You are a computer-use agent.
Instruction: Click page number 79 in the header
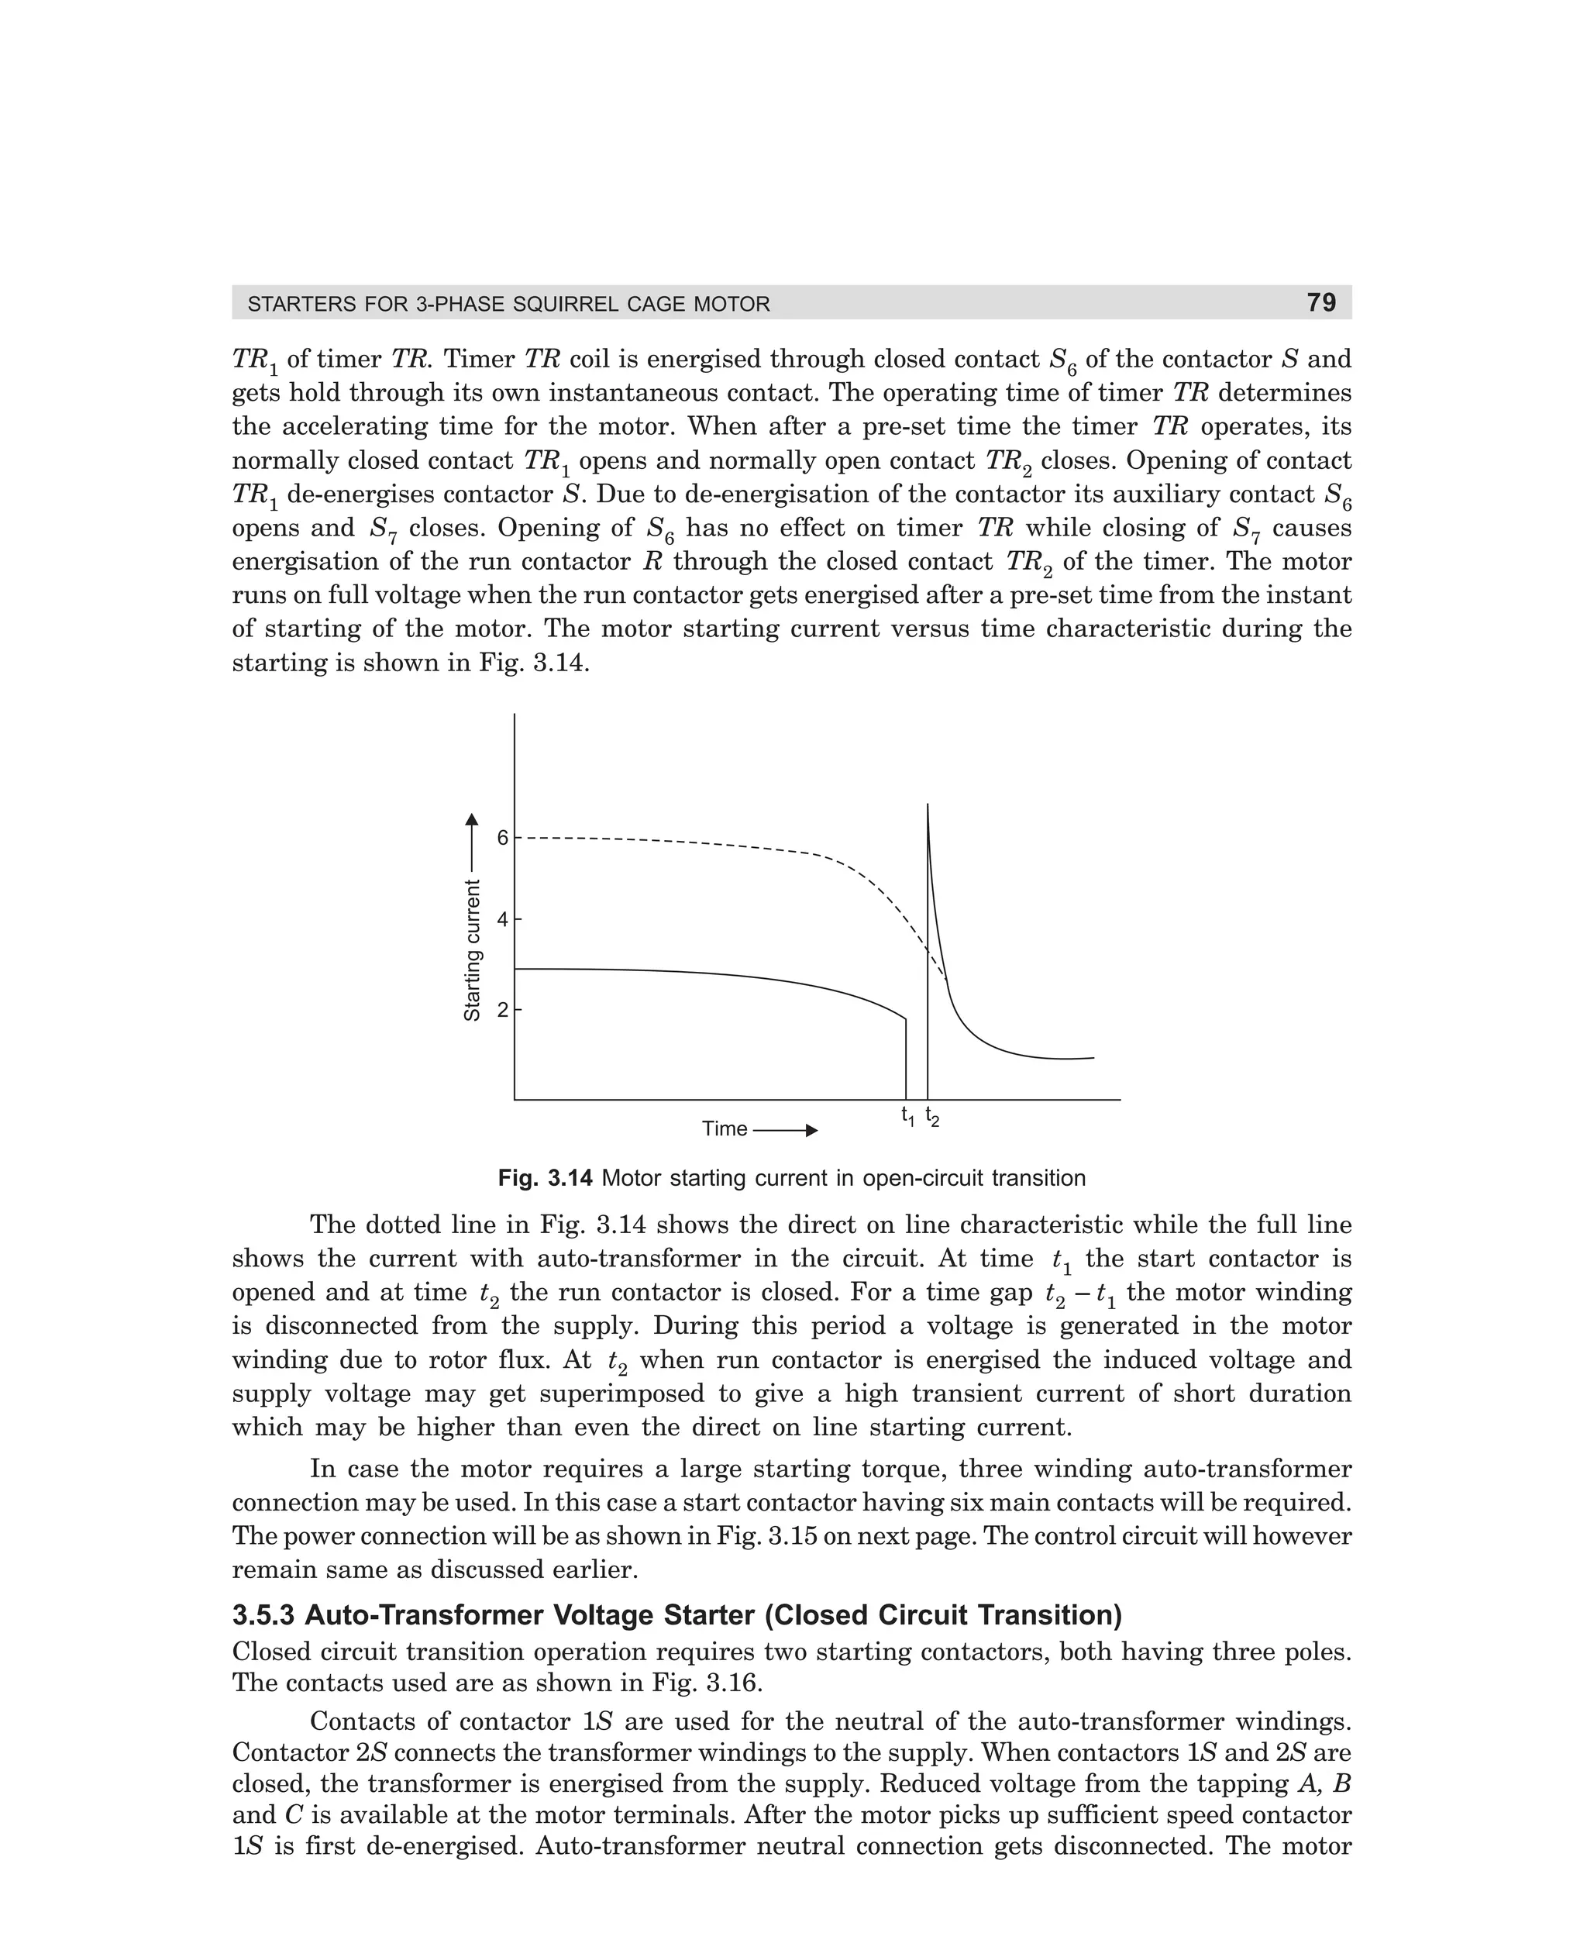coord(1321,302)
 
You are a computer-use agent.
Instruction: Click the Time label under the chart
coord(724,1129)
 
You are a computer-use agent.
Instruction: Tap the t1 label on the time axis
coord(907,1116)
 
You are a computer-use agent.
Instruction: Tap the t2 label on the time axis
coord(931,1116)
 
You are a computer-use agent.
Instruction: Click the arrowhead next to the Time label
coord(811,1131)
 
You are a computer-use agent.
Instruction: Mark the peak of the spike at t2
coord(928,805)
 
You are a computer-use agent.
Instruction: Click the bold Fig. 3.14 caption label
coord(545,1178)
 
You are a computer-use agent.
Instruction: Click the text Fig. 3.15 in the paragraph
coord(763,1537)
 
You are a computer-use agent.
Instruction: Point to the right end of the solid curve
coord(1093,1058)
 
